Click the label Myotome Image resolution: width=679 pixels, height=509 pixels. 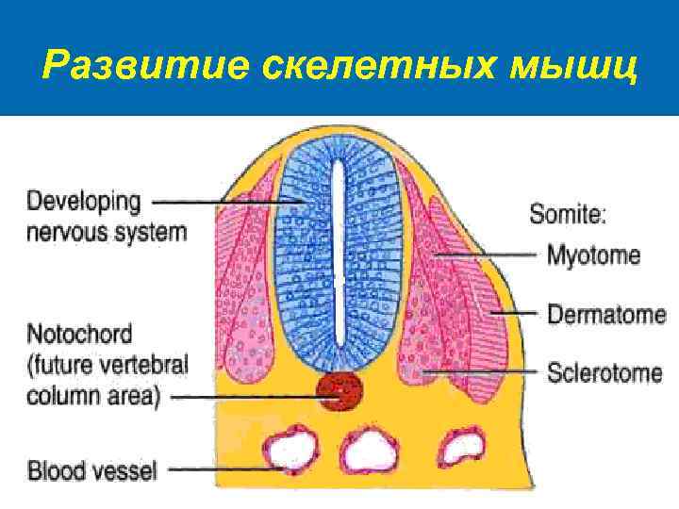click(594, 255)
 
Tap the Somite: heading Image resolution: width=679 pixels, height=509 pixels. click(567, 214)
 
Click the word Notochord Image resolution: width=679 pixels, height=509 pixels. click(79, 334)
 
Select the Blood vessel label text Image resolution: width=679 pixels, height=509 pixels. click(91, 468)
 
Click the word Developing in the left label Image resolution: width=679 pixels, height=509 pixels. click(84, 201)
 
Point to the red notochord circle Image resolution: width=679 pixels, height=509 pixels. click(339, 391)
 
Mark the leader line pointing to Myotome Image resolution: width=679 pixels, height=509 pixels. click(490, 255)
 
